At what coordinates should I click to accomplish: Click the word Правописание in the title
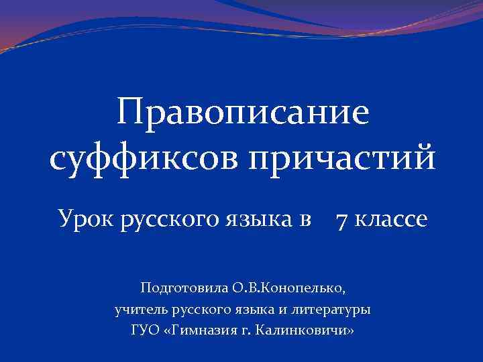tap(242, 113)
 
